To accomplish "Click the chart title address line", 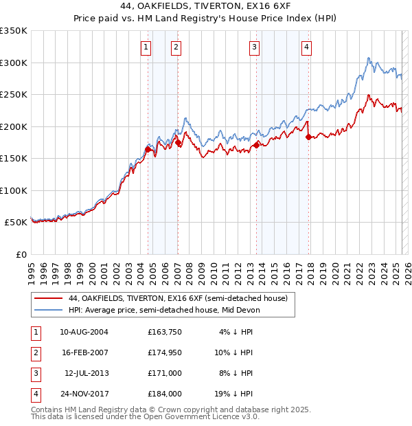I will (x=206, y=7).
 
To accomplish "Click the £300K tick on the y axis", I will (x=13, y=63).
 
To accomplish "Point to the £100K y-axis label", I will (x=13, y=190).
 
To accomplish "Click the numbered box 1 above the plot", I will (x=146, y=47).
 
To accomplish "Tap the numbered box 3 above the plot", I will (x=254, y=47).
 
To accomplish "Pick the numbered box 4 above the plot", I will (x=306, y=47).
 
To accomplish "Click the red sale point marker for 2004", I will (x=148, y=149).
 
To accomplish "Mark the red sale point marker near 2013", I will (x=256, y=145).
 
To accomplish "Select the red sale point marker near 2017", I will (x=308, y=137).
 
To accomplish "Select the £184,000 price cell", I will (x=165, y=394).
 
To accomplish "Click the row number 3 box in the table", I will (x=34, y=374).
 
